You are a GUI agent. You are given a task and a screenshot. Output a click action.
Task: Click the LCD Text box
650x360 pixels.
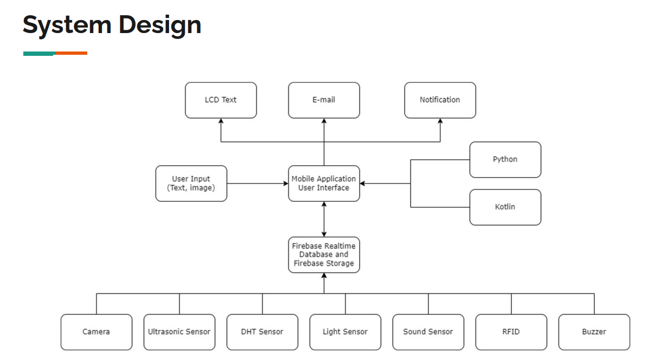coord(221,100)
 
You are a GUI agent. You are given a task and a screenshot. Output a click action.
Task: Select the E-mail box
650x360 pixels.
coord(324,100)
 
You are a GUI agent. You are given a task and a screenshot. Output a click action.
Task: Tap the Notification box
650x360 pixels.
coord(440,100)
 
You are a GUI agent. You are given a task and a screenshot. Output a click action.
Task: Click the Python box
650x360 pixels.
coord(505,159)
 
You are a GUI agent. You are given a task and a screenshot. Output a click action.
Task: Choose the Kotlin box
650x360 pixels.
coord(505,207)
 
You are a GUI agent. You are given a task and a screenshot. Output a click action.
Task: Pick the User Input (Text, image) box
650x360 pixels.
coord(191,183)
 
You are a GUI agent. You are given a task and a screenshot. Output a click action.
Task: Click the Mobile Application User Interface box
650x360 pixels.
coord(324,183)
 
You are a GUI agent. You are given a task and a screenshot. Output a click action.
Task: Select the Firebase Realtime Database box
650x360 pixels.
coord(324,255)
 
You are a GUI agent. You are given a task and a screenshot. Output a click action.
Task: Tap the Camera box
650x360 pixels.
coord(96,332)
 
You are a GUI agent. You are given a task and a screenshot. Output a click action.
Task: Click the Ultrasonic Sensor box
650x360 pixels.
coord(179,332)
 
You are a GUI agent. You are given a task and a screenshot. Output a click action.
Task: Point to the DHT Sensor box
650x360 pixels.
coord(262,332)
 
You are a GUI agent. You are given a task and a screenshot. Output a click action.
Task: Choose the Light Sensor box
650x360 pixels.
coord(345,332)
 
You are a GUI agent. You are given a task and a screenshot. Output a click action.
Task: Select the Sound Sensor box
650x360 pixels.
coord(428,332)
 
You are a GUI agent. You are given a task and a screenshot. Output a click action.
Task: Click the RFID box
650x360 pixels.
coord(511,332)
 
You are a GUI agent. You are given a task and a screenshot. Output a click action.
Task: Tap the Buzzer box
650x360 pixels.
coord(594,332)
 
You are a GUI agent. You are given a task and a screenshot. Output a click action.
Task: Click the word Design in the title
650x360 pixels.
coord(160,25)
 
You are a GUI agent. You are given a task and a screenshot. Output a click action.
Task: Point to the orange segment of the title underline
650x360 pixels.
coord(72,53)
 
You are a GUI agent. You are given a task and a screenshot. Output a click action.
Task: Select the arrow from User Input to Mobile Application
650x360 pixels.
coord(258,184)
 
